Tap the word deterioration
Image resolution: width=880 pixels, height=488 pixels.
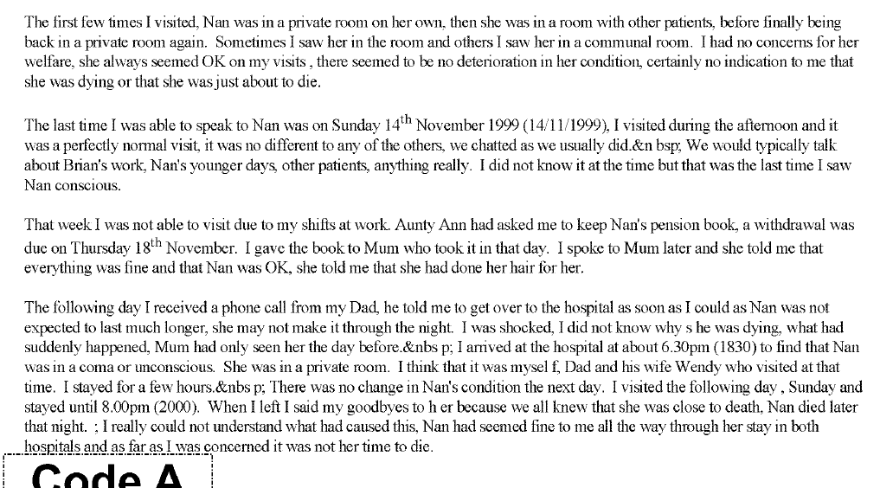click(x=444, y=62)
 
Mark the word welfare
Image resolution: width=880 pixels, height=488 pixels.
click(x=45, y=62)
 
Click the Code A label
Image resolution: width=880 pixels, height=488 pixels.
click(x=108, y=477)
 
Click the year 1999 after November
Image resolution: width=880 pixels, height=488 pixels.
click(x=499, y=126)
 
